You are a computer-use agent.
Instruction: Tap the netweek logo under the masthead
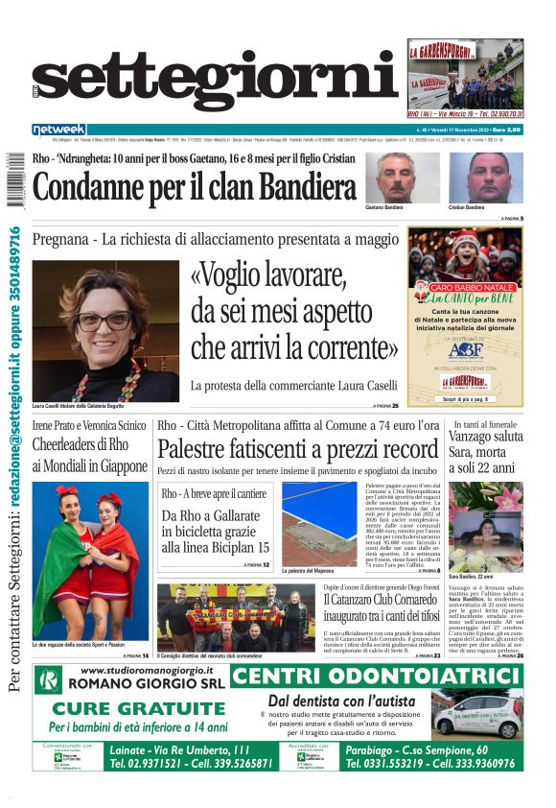[x=58, y=130]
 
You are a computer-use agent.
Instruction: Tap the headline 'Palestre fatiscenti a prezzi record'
[x=297, y=448]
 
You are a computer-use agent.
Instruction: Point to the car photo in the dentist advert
[x=489, y=713]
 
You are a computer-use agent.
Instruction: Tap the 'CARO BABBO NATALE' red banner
[x=465, y=287]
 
